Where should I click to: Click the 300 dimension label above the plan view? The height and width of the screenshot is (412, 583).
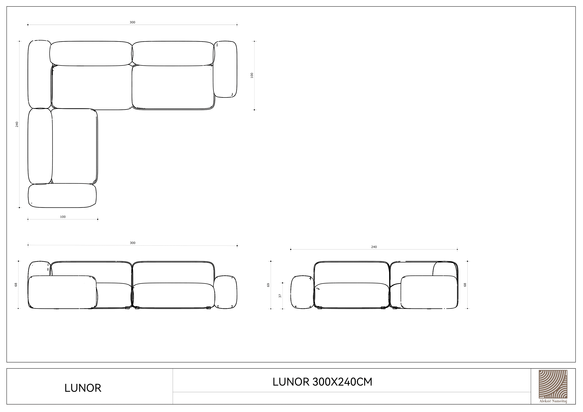pos(132,22)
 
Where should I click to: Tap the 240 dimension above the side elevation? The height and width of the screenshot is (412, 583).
pos(374,247)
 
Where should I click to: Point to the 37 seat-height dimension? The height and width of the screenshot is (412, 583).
pos(280,296)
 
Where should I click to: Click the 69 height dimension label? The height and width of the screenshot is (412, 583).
pos(268,285)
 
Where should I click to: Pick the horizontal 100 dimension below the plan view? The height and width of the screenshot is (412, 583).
pos(63,217)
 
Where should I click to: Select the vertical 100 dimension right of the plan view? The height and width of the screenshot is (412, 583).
pos(252,75)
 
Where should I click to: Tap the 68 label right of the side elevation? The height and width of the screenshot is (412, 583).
pos(465,285)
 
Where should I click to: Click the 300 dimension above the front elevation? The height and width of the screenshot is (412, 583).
pos(133,243)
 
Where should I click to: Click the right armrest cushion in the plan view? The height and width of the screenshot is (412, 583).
pos(225,69)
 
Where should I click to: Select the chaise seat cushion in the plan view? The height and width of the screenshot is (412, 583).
pos(74,146)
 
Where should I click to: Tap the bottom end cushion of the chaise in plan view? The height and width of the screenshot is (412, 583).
pos(62,196)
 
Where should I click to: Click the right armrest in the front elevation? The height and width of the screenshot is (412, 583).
pos(225,292)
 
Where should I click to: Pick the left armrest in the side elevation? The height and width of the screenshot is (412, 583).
pos(302,292)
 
